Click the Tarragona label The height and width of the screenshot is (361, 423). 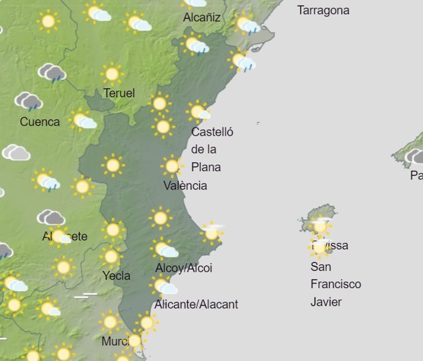point(323,10)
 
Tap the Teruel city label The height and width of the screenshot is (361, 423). point(119,93)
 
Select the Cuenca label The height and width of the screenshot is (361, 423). point(40,122)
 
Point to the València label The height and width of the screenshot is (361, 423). point(185,185)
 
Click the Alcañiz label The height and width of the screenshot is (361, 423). point(202,18)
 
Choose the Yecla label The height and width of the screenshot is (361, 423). point(116,275)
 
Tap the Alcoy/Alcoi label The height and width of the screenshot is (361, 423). point(184,268)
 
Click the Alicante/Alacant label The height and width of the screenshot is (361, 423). point(196,304)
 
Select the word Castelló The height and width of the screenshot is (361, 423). point(212,132)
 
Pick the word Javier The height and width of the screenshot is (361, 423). point(326,302)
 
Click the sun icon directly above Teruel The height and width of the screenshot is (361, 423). point(112,74)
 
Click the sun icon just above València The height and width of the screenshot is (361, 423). point(172,166)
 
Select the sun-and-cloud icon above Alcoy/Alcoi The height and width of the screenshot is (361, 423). point(164,249)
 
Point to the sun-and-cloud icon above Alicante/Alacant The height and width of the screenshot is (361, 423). point(164,286)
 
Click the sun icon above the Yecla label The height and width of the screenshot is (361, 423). point(110,256)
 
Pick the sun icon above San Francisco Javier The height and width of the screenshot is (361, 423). point(319,247)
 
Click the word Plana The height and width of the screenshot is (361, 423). point(206,167)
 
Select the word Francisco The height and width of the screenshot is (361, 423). point(336,284)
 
